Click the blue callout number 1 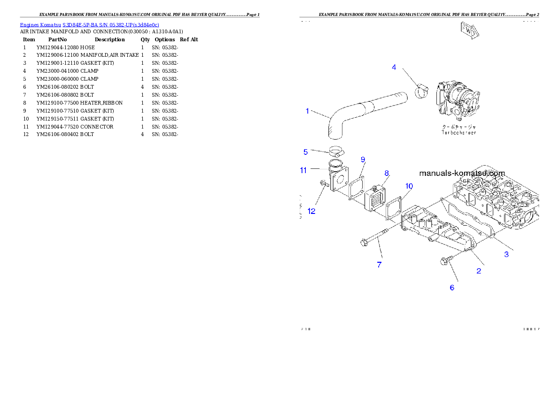(307, 111)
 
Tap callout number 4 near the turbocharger (394, 67)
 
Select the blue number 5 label (305, 152)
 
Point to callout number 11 (303, 170)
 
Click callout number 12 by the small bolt (311, 211)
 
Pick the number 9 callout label (363, 160)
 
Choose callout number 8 (387, 173)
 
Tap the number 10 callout (409, 186)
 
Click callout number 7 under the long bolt (379, 265)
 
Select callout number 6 (452, 288)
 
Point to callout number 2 (479, 271)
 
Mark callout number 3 (506, 254)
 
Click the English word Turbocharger (458, 133)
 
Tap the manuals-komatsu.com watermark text (462, 173)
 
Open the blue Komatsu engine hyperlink (89, 25)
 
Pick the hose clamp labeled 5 (336, 152)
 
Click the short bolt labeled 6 (447, 260)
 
